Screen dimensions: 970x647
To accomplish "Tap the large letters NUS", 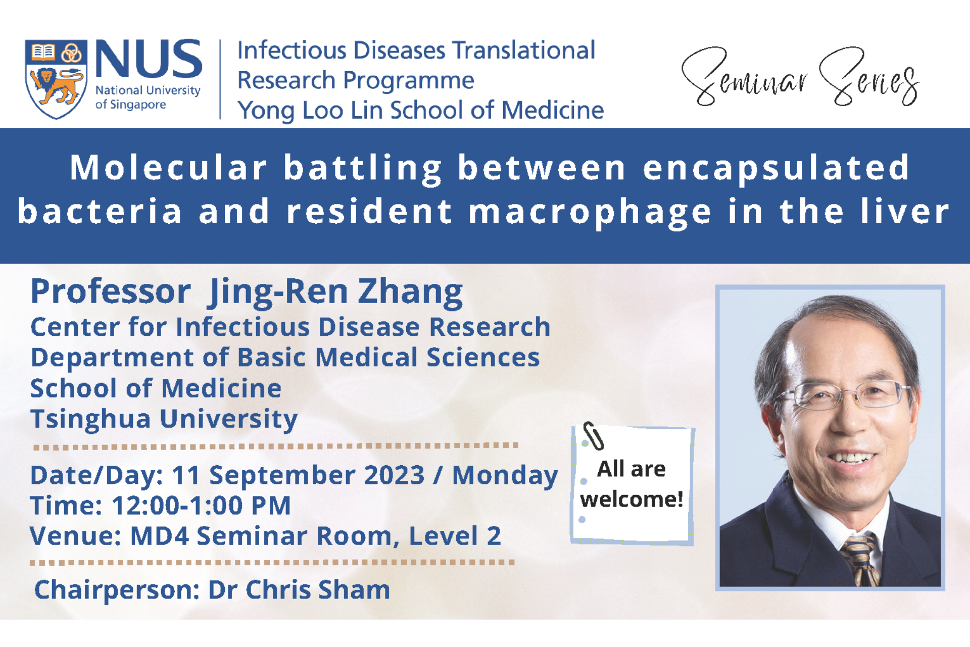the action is pos(149,60).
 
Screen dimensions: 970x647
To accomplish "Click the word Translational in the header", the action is pos(524,50).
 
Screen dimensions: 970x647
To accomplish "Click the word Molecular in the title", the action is pos(169,168).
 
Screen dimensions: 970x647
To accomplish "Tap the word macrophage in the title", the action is pos(590,213).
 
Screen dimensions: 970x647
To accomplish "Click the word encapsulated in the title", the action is pos(777,169).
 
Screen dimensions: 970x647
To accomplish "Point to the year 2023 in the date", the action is pos(394,475).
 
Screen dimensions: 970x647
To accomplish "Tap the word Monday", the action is pos(505,476).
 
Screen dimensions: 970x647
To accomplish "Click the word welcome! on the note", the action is pos(632,500).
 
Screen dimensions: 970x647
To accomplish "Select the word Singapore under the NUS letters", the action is pos(138,105).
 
